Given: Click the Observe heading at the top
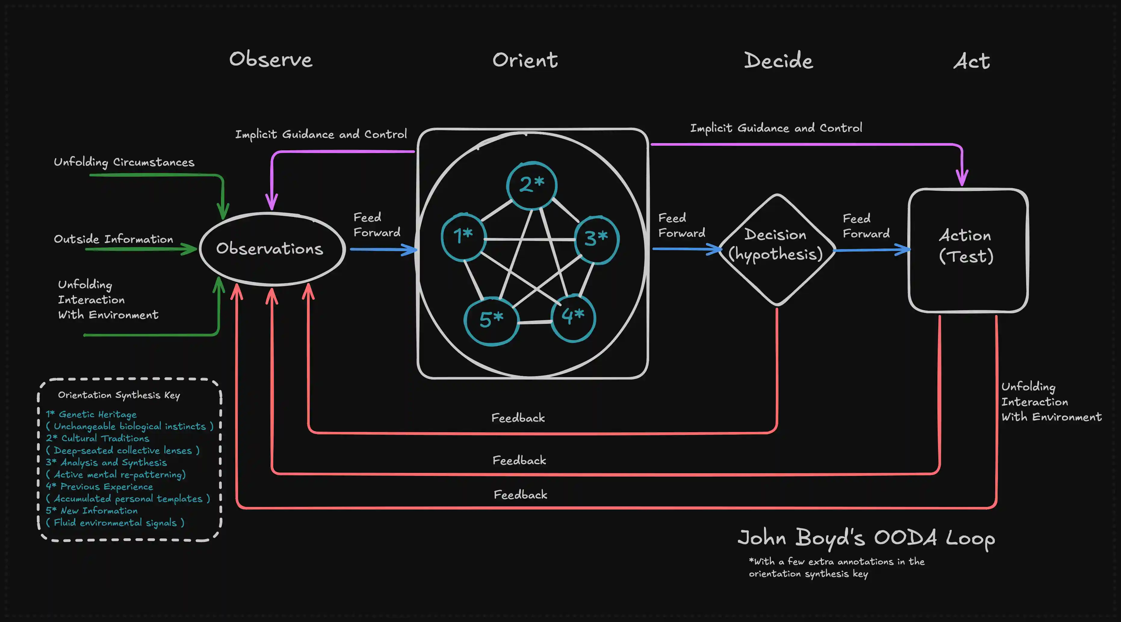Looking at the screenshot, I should tap(271, 60).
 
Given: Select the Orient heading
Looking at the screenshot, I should tap(525, 60).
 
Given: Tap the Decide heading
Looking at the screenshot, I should tap(778, 61).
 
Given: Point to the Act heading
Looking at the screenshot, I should tap(971, 61).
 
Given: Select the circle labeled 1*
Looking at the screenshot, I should tap(463, 236).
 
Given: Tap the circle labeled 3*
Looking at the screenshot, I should tap(596, 239).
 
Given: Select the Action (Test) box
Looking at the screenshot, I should tap(968, 250).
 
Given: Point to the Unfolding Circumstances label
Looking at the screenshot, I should tap(124, 162).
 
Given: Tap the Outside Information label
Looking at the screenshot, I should tap(113, 239).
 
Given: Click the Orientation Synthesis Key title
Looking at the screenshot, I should tap(119, 395).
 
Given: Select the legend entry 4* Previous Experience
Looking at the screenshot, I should tap(100, 486).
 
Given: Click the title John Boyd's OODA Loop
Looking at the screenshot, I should tap(866, 538).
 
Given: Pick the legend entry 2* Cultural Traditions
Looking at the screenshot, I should tap(98, 438).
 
